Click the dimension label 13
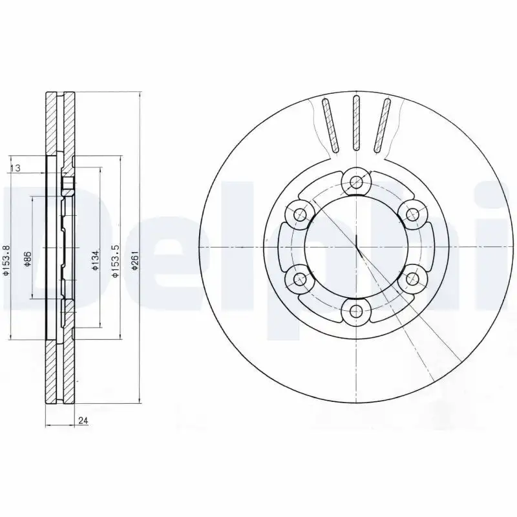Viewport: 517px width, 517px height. tap(17, 168)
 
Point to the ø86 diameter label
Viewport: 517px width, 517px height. tap(26, 259)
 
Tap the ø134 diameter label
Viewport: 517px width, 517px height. tap(94, 259)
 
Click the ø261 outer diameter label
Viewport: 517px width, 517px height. tap(134, 261)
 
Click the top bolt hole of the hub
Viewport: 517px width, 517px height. tap(355, 182)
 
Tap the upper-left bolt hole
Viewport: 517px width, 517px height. tap(299, 213)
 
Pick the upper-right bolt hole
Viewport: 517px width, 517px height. tap(410, 213)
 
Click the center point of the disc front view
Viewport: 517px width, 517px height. tap(355, 247)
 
